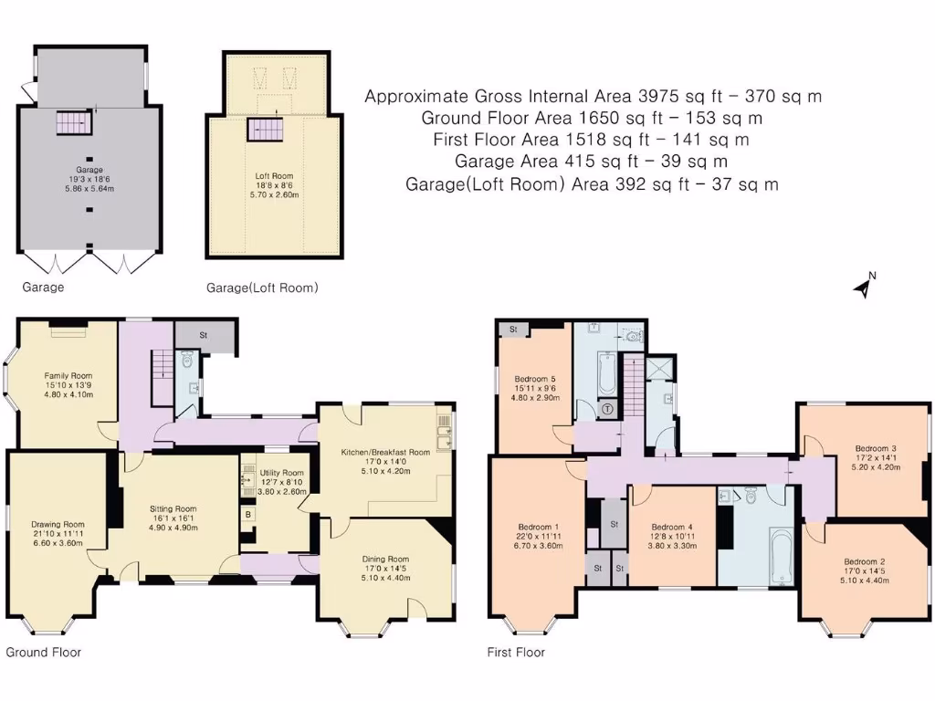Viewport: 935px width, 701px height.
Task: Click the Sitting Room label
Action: [x=173, y=509]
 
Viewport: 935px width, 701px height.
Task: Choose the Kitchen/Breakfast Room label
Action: [x=385, y=452]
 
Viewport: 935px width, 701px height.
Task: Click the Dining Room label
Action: [x=385, y=559]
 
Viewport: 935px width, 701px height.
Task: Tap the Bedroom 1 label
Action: [x=537, y=528]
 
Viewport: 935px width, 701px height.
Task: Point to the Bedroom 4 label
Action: [x=672, y=528]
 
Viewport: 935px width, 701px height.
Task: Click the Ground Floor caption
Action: [x=44, y=652]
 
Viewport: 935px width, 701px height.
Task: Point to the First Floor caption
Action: [x=517, y=652]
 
